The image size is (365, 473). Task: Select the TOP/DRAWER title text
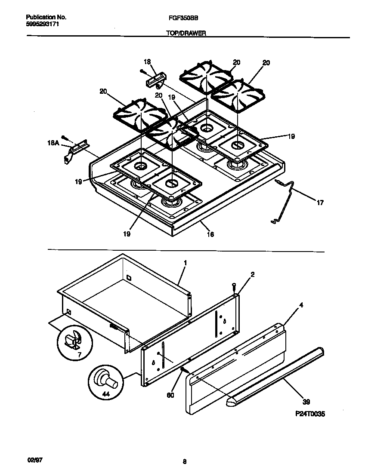click(186, 33)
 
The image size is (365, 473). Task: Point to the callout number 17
click(320, 203)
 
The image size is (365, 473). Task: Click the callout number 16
click(210, 234)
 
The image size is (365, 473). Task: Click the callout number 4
click(301, 306)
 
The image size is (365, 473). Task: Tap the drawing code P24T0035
click(310, 414)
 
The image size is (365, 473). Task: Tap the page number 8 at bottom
click(185, 462)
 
